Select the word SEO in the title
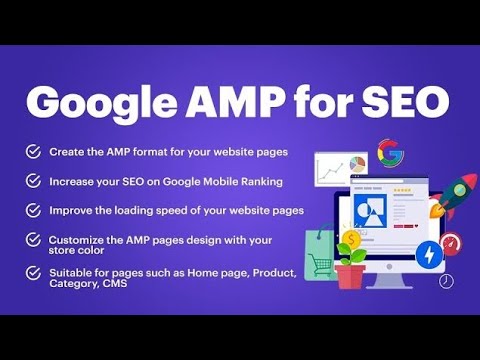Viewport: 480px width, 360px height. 405,100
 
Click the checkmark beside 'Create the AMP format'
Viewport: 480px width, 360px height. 34,152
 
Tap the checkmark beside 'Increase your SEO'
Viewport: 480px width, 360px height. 34,181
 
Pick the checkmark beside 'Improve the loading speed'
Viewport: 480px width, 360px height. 34,211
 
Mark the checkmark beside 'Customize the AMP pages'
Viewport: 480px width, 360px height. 34,241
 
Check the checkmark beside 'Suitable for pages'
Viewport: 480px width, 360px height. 34,273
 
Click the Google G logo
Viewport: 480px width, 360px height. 389,154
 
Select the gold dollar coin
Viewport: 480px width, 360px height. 351,240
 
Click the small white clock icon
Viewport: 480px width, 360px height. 446,281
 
